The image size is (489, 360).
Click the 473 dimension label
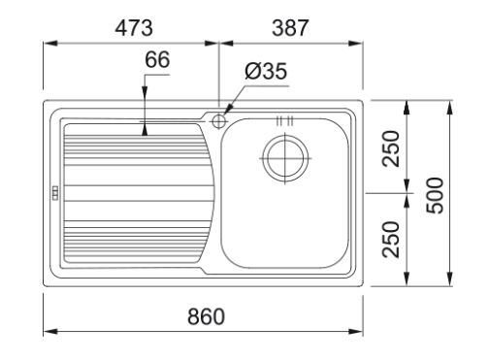pyautogui.click(x=134, y=28)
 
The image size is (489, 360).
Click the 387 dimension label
pyautogui.click(x=290, y=28)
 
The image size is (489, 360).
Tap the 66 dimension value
pyautogui.click(x=157, y=59)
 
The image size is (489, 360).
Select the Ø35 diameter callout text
pyautogui.click(x=266, y=71)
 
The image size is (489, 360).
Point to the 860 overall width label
pyautogui.click(x=206, y=316)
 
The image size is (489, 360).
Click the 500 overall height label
pyautogui.click(x=435, y=195)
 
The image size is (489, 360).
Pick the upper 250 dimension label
pyautogui.click(x=391, y=148)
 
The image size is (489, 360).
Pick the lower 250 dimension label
pyautogui.click(x=391, y=240)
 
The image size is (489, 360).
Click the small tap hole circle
pyautogui.click(x=218, y=121)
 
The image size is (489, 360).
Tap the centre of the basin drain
pyautogui.click(x=284, y=158)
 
